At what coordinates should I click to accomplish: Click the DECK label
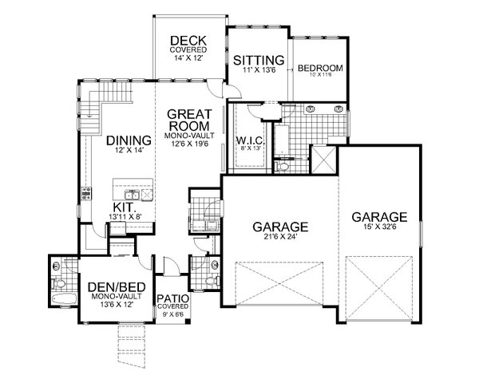tap(188, 41)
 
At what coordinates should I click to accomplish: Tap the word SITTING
tap(258, 60)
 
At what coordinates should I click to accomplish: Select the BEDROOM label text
tap(320, 69)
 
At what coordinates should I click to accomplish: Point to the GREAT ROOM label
tap(188, 120)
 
